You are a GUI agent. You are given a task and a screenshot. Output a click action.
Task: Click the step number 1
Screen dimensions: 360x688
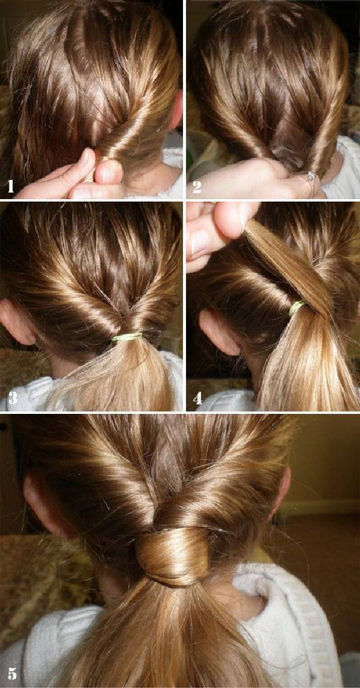pos(11,187)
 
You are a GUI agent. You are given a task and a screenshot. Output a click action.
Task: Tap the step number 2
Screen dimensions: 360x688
pos(196,187)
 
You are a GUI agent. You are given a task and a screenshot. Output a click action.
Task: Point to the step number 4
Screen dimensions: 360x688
pos(197,398)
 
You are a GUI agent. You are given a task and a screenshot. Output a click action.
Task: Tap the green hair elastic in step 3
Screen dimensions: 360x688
pos(127,337)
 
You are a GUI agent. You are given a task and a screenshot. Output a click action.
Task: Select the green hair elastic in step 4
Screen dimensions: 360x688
pos(297,308)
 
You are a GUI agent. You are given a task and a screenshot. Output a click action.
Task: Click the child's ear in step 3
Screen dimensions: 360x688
pos(17,323)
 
